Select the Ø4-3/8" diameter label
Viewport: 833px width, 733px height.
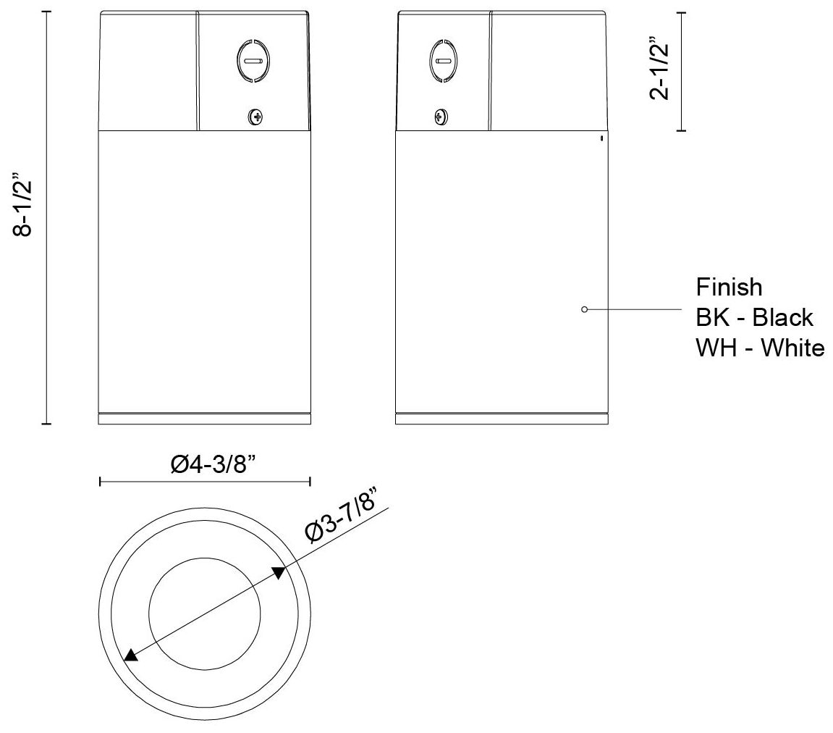click(x=205, y=464)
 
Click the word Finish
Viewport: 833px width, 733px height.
click(x=729, y=288)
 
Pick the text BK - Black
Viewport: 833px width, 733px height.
click(x=754, y=317)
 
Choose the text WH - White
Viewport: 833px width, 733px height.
click(x=759, y=348)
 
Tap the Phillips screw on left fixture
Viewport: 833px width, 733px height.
click(x=255, y=115)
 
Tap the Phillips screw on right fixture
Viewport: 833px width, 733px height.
click(x=440, y=116)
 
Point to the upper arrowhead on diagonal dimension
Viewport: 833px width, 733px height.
click(x=279, y=573)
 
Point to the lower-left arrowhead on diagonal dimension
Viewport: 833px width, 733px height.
click(x=130, y=655)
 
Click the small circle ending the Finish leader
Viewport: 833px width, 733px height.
click(x=584, y=309)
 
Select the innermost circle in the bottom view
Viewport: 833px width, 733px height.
click(x=205, y=613)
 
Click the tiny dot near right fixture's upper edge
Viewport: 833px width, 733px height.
click(x=602, y=138)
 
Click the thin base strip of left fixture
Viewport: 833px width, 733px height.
click(x=205, y=419)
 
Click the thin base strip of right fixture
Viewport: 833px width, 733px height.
click(x=502, y=419)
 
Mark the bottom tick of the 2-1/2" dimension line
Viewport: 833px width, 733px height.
click(x=680, y=131)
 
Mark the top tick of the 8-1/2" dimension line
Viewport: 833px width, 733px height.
click(x=47, y=12)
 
